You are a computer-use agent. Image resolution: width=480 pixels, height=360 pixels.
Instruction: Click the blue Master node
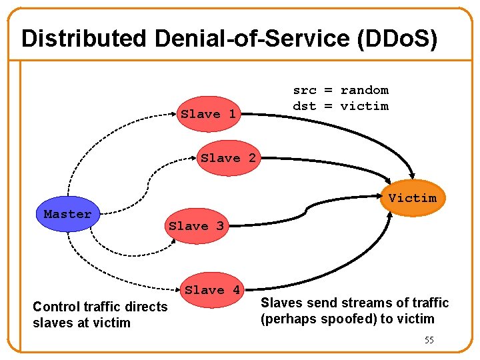coord(67,215)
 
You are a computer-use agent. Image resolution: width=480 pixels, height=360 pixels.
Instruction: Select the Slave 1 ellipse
coord(209,114)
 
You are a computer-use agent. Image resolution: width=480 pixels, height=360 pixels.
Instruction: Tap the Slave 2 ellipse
coord(229,158)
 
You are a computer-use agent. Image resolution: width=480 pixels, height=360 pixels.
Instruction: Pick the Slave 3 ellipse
coord(197,226)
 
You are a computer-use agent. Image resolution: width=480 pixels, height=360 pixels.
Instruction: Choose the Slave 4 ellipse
coord(213,290)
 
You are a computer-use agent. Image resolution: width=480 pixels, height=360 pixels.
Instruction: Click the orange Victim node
coord(413,197)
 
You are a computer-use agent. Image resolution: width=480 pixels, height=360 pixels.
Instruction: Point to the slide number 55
coord(429,340)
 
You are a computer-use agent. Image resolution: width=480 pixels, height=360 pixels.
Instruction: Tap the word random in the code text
coord(364,90)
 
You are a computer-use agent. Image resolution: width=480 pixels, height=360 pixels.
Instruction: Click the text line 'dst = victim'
coord(341,106)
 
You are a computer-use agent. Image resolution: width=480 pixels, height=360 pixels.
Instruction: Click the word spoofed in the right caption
coord(348,319)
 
